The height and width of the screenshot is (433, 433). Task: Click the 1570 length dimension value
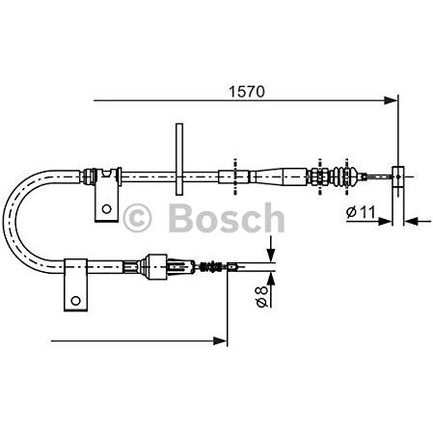247,92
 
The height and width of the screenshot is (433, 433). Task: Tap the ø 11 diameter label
361,212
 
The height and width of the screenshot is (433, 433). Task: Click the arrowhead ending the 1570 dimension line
391,100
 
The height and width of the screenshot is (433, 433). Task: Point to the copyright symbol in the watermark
137,219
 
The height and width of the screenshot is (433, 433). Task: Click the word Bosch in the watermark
227,218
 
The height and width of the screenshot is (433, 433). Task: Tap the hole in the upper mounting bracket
106,209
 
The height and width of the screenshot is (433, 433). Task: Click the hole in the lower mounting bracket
75,301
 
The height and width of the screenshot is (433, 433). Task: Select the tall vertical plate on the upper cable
179,159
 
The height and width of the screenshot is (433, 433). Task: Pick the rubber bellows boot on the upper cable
344,176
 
